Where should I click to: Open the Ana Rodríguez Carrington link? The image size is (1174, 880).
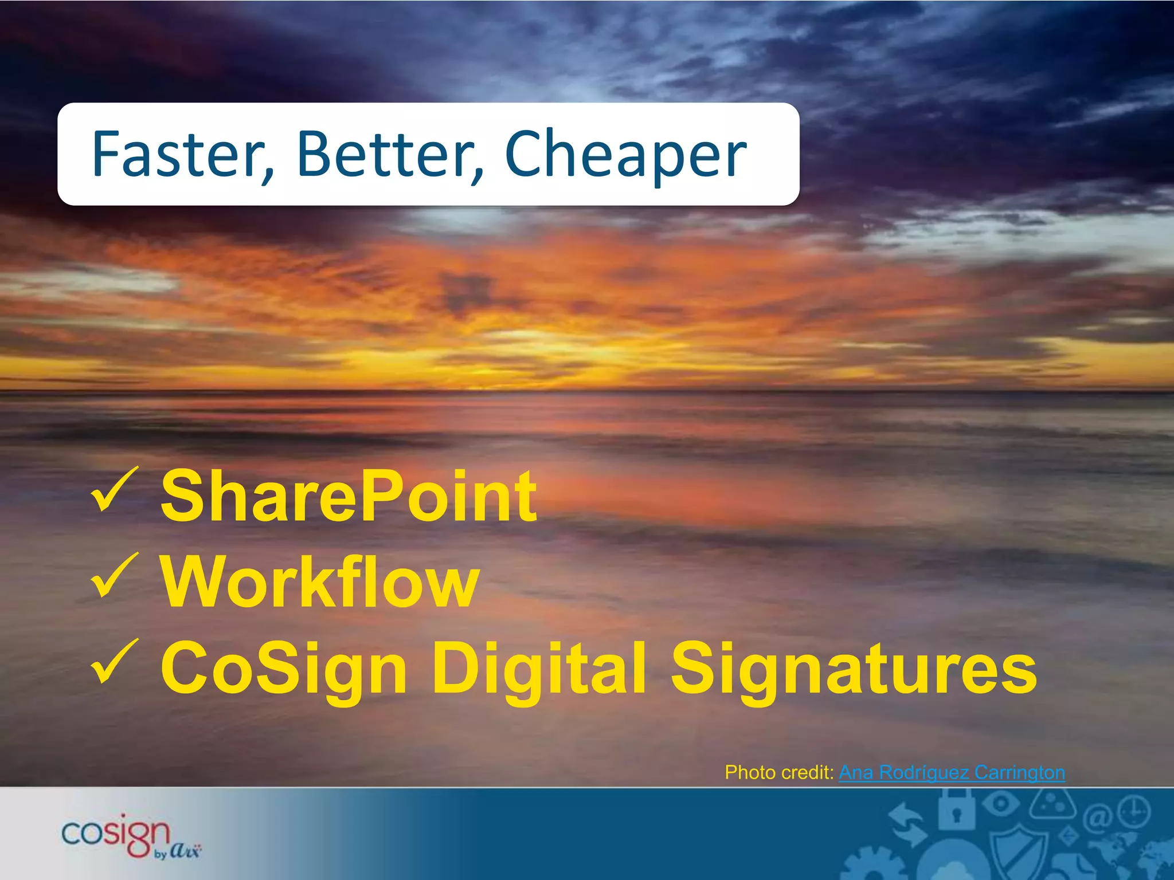952,773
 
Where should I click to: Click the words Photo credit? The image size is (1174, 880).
778,773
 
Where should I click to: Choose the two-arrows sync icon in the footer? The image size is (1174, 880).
909,825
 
